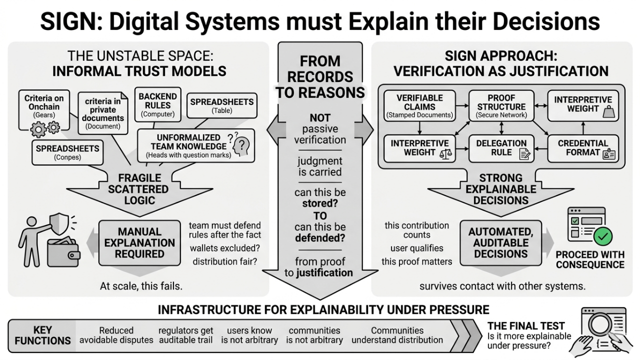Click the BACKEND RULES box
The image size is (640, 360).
tap(157, 105)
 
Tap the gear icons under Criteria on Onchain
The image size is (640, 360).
tap(45, 128)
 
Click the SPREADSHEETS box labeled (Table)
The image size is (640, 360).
tap(221, 106)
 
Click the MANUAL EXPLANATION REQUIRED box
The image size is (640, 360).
tap(139, 242)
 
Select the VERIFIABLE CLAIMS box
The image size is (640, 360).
tap(419, 106)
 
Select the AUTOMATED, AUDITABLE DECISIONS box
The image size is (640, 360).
tap(500, 242)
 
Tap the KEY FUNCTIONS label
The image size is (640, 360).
tap(42, 336)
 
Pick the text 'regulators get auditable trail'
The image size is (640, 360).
tap(186, 335)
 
